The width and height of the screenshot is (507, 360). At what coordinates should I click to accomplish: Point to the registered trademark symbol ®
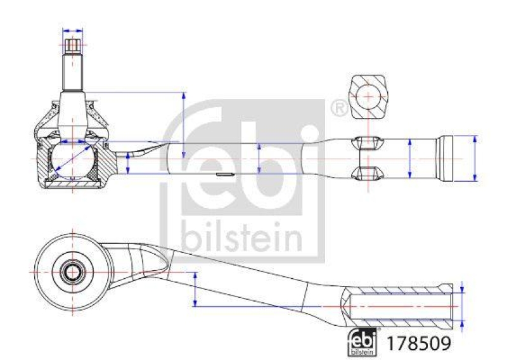[x=339, y=108]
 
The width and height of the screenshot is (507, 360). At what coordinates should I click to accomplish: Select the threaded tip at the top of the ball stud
[x=73, y=47]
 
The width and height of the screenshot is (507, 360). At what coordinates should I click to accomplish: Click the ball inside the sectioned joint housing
[x=70, y=160]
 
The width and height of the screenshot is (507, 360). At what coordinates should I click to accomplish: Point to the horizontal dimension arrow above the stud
[x=73, y=30]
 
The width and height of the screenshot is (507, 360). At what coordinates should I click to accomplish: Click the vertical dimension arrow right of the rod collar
[x=475, y=158]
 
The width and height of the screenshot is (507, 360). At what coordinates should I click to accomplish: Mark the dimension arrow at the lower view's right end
[x=463, y=306]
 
